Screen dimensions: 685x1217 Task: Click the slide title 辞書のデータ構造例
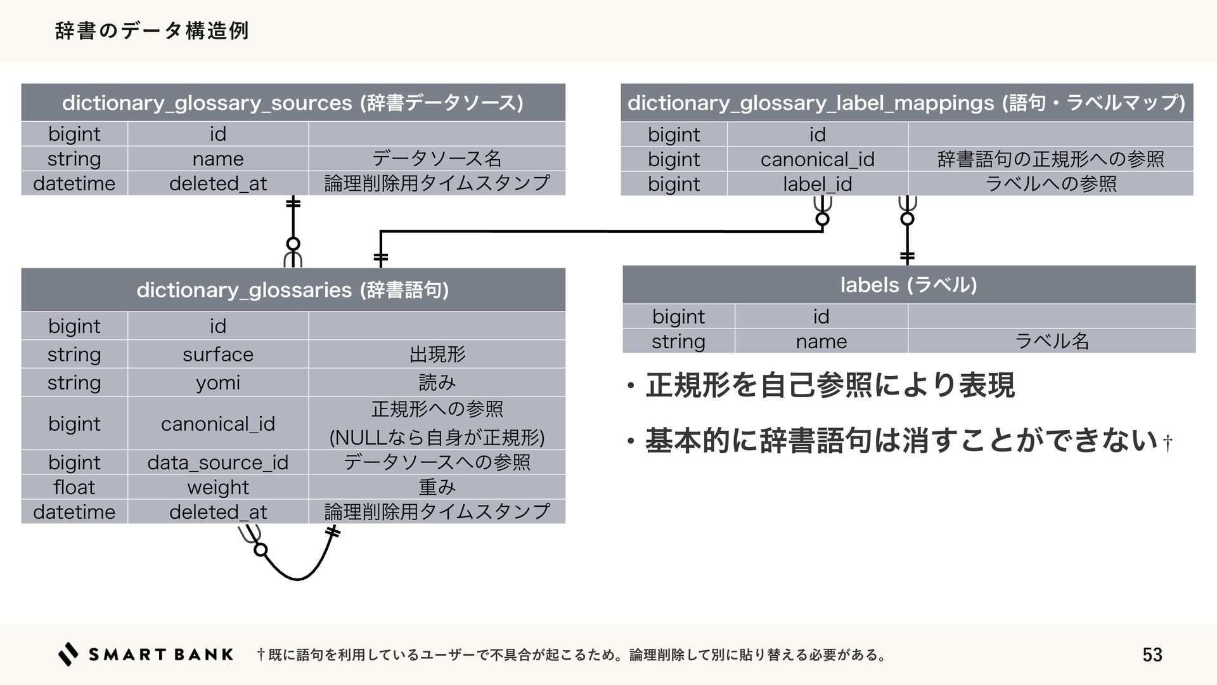coord(152,30)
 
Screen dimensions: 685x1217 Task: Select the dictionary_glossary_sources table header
coord(293,103)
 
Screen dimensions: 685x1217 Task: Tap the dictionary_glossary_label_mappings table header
coord(906,103)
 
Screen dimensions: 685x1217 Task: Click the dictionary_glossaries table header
coord(293,290)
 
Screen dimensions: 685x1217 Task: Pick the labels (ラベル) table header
coord(908,285)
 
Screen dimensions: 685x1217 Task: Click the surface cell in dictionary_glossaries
coord(218,354)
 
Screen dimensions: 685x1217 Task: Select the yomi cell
coord(218,382)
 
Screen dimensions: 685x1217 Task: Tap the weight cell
coord(218,487)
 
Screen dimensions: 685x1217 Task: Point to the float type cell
coord(74,487)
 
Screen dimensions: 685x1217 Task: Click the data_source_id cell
coord(218,462)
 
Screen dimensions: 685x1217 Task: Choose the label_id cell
coord(817,184)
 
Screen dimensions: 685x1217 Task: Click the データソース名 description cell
coord(437,159)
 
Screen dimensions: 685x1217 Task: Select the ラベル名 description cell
coord(1052,341)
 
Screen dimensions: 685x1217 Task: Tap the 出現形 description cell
coord(437,354)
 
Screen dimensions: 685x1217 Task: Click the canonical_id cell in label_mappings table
coord(817,159)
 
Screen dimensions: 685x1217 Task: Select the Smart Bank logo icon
coord(68,654)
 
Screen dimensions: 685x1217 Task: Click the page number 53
coord(1152,655)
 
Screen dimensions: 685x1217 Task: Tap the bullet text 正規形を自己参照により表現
coord(830,385)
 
